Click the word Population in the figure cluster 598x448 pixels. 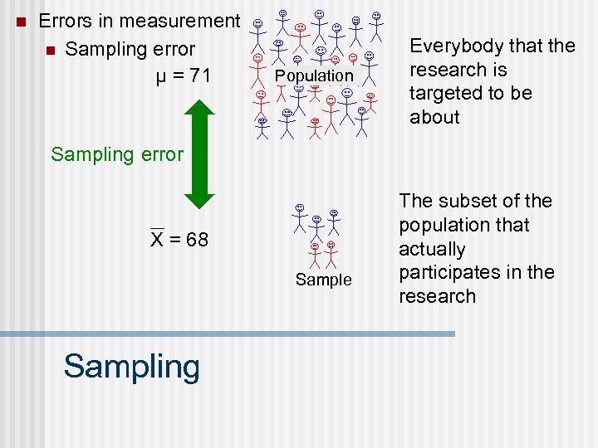pyautogui.click(x=314, y=75)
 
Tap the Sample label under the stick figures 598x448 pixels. pyautogui.click(x=324, y=280)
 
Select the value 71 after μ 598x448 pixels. pyautogui.click(x=199, y=76)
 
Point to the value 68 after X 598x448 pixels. pyautogui.click(x=198, y=241)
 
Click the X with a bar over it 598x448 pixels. pyautogui.click(x=156, y=240)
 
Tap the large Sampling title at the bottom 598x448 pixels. pyautogui.click(x=132, y=366)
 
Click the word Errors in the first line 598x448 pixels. pyautogui.click(x=67, y=21)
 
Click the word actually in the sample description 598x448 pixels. pyautogui.click(x=432, y=249)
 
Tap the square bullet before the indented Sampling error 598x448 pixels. pyautogui.click(x=51, y=51)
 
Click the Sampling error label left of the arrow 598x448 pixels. pyautogui.click(x=117, y=153)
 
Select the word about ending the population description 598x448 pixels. pyautogui.click(x=434, y=117)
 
